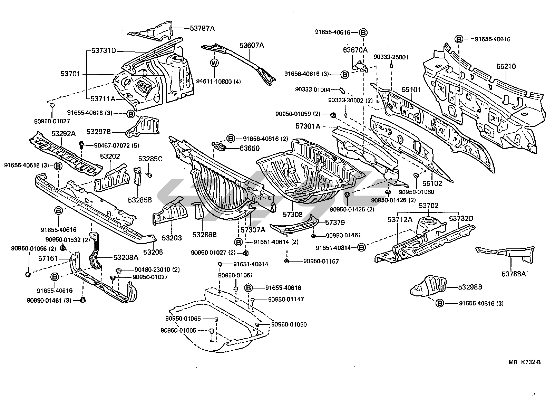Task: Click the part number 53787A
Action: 202,28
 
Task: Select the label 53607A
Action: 252,45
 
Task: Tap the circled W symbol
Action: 214,63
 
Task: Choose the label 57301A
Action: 308,127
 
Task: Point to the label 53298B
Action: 470,287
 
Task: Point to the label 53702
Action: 428,206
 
